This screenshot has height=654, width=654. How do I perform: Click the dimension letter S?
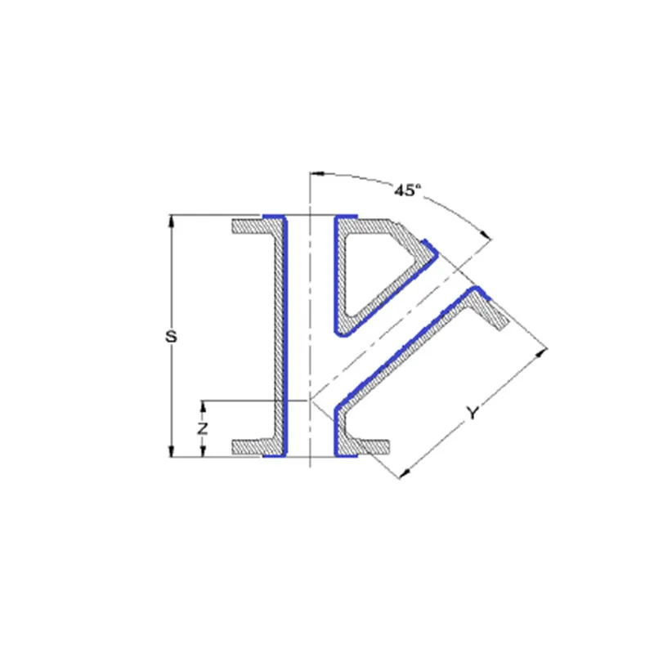pyautogui.click(x=171, y=336)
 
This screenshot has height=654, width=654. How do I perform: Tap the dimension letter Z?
pyautogui.click(x=202, y=428)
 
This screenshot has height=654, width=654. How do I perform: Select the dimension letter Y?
pyautogui.click(x=473, y=413)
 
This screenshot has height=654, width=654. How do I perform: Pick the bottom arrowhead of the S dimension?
pyautogui.click(x=171, y=451)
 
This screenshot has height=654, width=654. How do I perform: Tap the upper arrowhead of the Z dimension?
pyautogui.click(x=203, y=406)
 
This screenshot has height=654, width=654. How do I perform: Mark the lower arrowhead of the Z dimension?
pyautogui.click(x=203, y=451)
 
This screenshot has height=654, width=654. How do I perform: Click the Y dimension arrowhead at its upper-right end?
pyautogui.click(x=541, y=353)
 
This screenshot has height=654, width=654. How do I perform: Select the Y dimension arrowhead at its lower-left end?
pyautogui.click(x=405, y=473)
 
